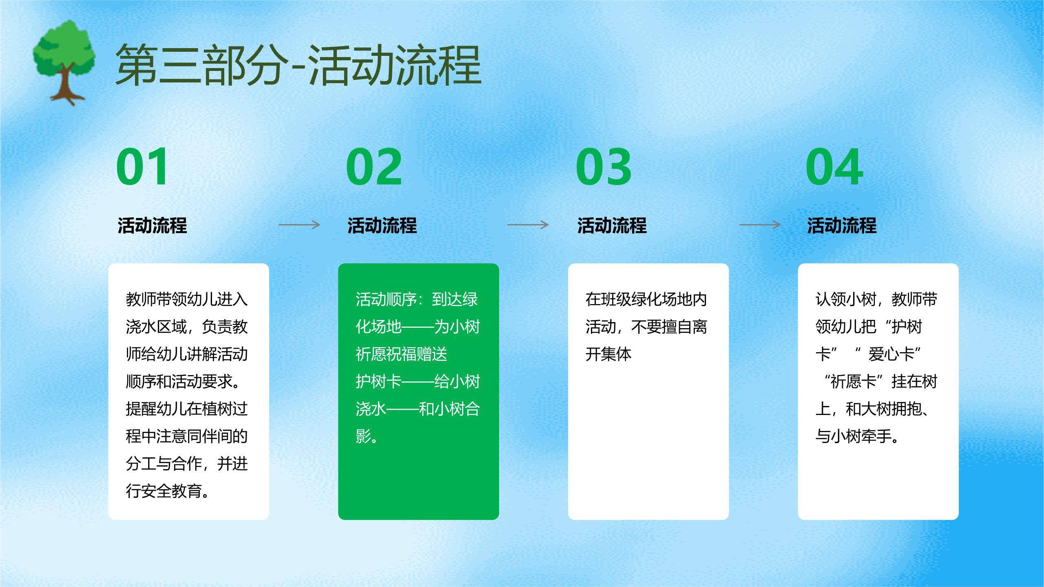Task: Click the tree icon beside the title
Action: pos(64,61)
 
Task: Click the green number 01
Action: pos(142,167)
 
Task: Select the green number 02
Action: pos(374,167)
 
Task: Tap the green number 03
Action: pos(604,167)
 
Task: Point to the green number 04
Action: pos(834,167)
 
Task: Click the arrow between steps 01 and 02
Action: pos(299,225)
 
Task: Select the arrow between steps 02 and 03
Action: pos(528,225)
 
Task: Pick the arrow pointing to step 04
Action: pos(760,225)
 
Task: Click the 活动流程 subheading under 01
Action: pos(152,225)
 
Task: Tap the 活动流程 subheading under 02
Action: pos(382,225)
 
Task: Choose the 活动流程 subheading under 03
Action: pos(612,225)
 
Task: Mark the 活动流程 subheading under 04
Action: pos(842,225)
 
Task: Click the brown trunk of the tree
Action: pos(64,88)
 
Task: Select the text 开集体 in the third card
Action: pos(608,354)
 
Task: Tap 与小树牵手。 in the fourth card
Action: pos(857,437)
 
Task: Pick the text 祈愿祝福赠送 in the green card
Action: pos(401,354)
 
